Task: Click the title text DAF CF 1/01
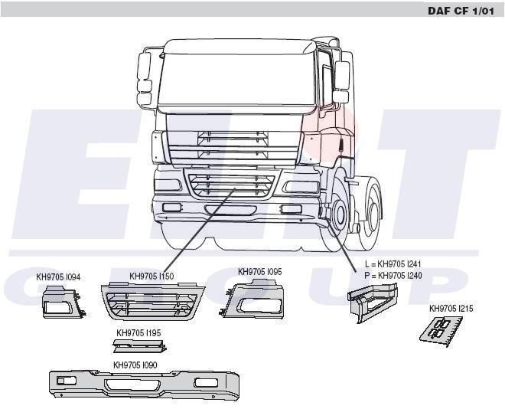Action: point(460,11)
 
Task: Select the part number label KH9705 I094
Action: point(58,277)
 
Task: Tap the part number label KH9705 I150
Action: point(151,276)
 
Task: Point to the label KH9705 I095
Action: point(260,272)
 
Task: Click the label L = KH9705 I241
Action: point(393,264)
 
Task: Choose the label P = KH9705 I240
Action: point(393,276)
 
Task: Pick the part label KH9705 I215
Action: point(451,309)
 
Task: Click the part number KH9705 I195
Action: point(138,333)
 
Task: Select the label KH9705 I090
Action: point(135,365)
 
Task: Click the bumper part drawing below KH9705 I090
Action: point(144,386)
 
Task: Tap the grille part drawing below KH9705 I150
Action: point(153,301)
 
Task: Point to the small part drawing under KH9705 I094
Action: point(64,302)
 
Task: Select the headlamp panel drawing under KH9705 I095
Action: point(252,299)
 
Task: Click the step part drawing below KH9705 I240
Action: point(373,303)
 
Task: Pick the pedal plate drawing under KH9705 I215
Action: point(441,332)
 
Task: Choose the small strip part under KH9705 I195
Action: point(140,346)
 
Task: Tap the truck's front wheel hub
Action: point(340,212)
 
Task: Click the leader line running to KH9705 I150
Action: point(200,230)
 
